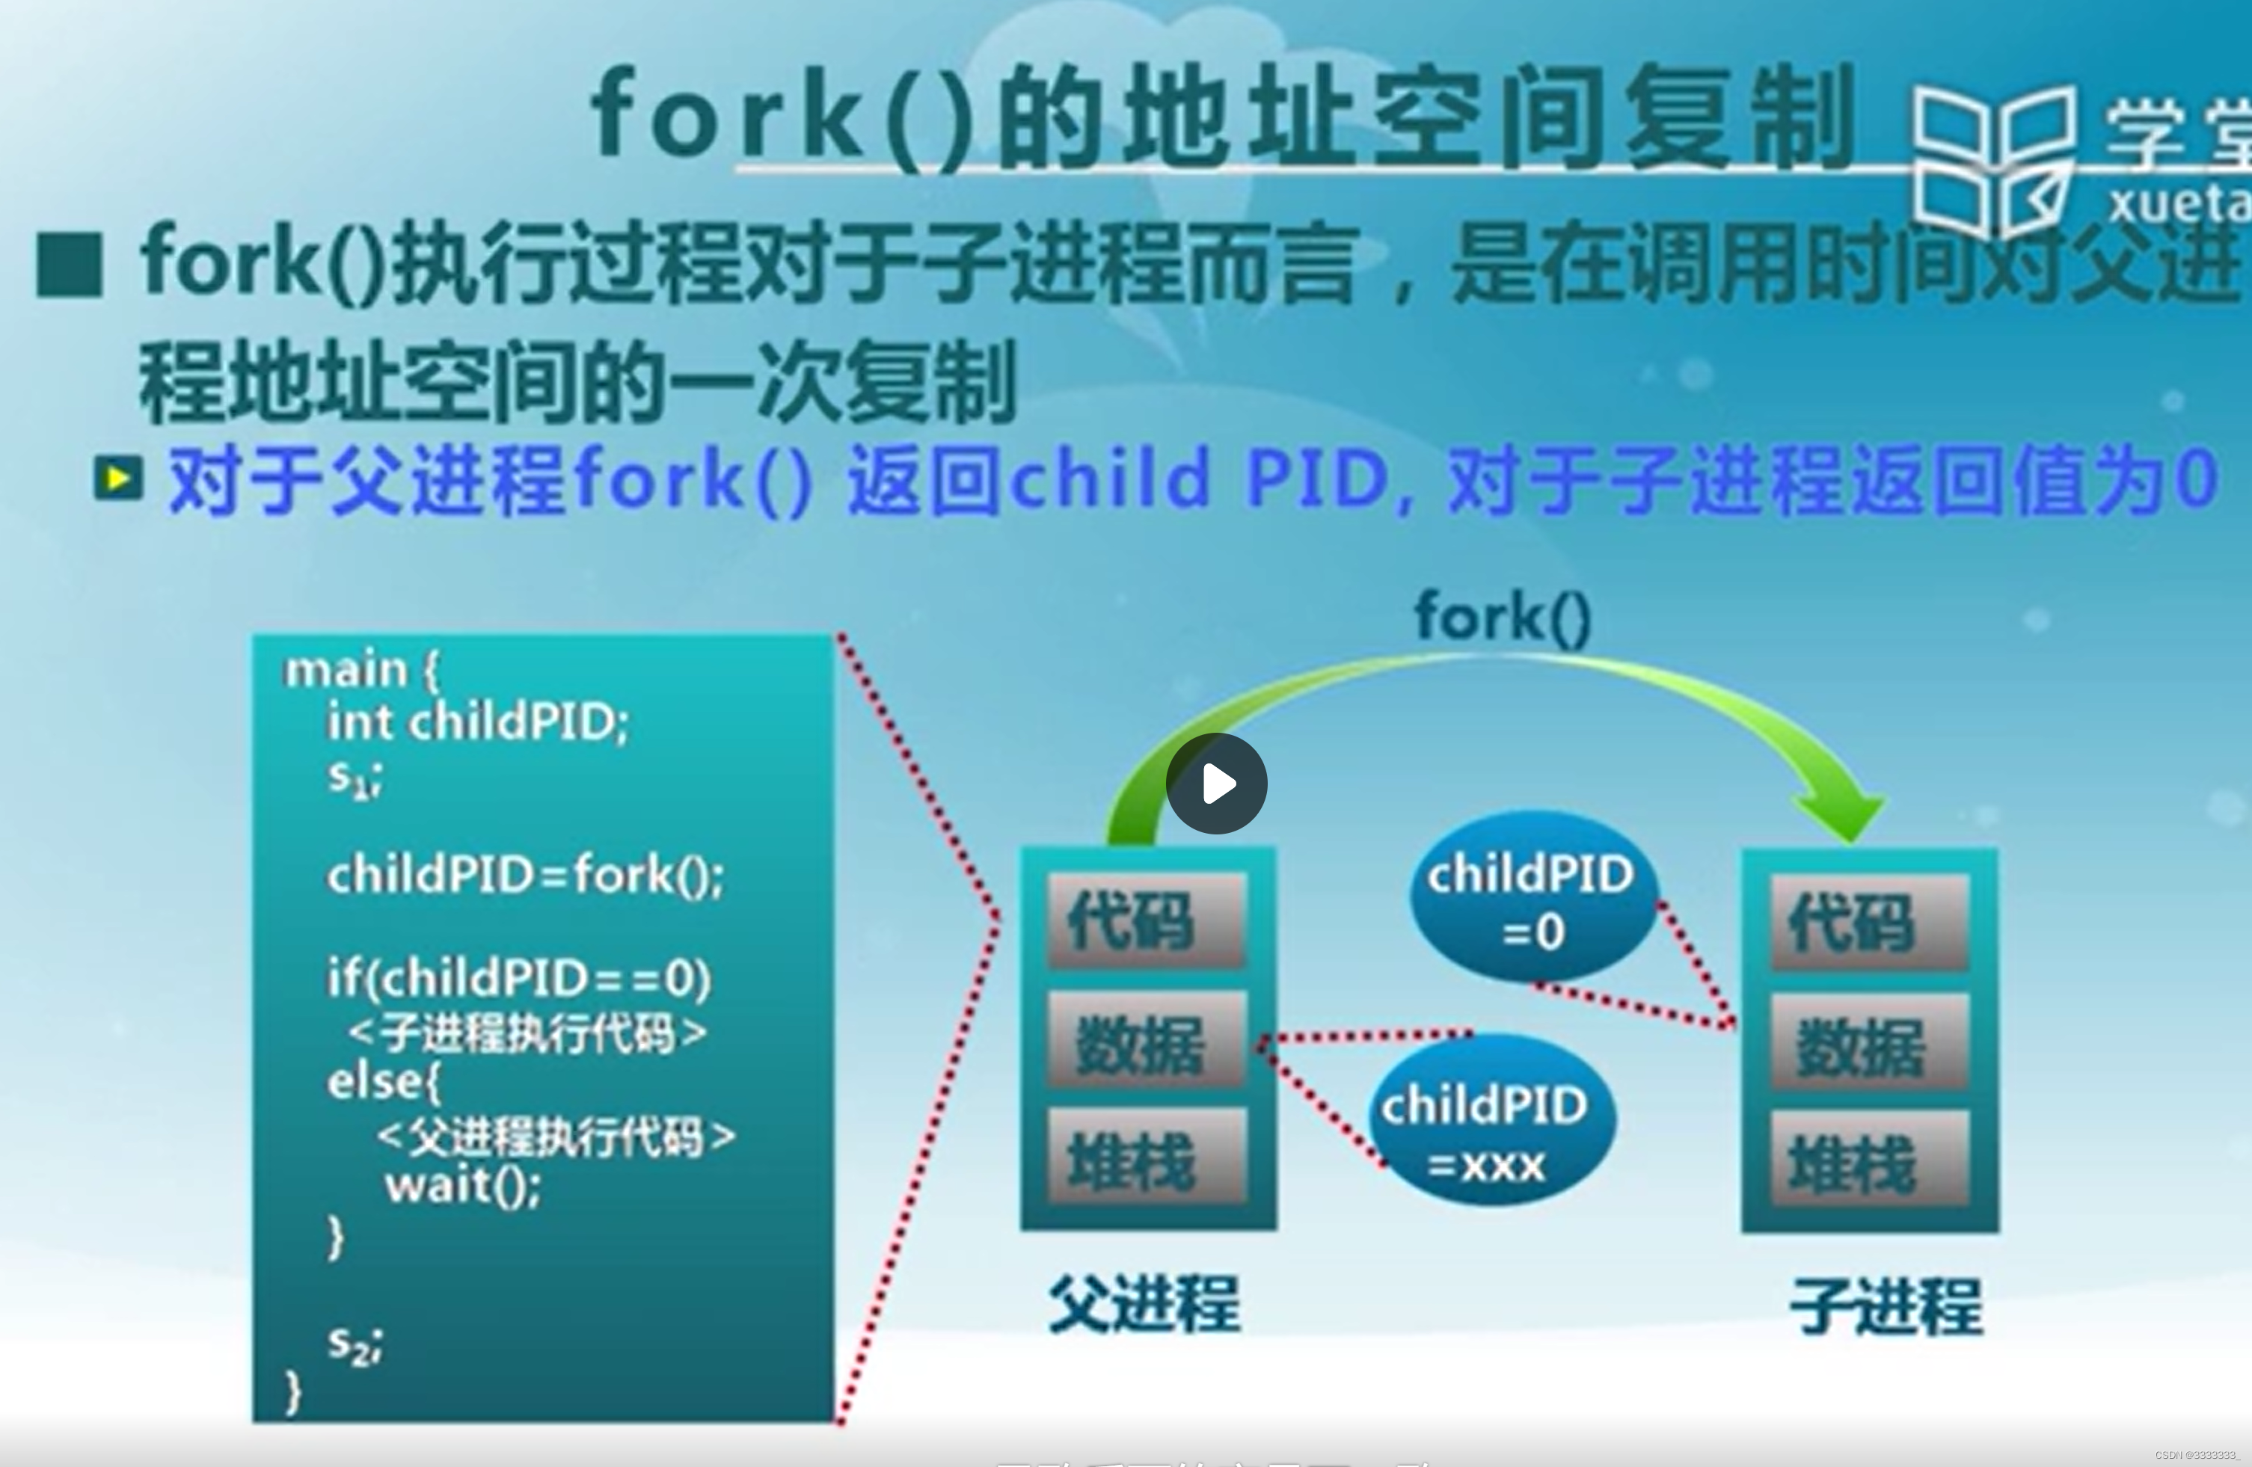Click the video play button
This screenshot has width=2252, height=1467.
1216,783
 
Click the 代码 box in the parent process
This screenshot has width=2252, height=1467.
1146,920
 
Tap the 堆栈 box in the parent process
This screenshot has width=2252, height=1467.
1146,1159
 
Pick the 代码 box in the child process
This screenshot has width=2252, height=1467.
1869,922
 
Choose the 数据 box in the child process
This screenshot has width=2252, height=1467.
1869,1043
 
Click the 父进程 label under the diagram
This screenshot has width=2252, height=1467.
1145,1303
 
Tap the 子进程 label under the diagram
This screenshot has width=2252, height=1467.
1886,1306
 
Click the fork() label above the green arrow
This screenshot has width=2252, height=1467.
1503,618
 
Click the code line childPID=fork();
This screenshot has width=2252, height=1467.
525,875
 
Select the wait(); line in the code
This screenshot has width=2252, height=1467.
463,1185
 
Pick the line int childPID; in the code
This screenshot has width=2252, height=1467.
478,722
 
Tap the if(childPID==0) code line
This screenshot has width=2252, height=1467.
518,978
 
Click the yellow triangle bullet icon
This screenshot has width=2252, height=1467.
118,479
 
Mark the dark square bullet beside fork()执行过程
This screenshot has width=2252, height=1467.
69,265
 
